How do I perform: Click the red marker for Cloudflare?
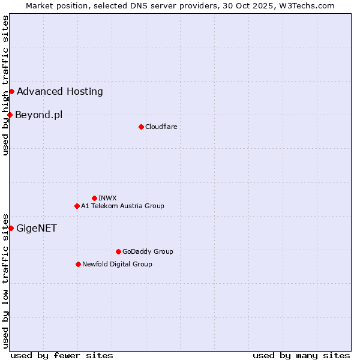point(141,127)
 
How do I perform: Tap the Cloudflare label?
point(161,127)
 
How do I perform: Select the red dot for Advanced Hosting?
point(11,91)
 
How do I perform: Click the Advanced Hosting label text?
point(60,92)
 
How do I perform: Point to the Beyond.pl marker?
point(10,115)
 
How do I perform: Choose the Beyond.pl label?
point(38,115)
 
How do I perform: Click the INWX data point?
point(94,198)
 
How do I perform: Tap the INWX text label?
point(107,198)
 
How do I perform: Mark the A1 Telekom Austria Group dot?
point(77,206)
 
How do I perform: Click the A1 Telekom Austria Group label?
point(122,206)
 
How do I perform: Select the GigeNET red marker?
point(11,228)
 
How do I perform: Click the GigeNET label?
point(37,228)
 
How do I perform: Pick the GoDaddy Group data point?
point(118,251)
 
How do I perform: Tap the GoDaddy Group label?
point(148,251)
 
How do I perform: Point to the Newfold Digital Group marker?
point(78,264)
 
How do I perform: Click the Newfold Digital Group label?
point(117,264)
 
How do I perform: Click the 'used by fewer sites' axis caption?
point(62,355)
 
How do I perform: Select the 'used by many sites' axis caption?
point(301,355)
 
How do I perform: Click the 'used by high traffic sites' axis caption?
point(5,86)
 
